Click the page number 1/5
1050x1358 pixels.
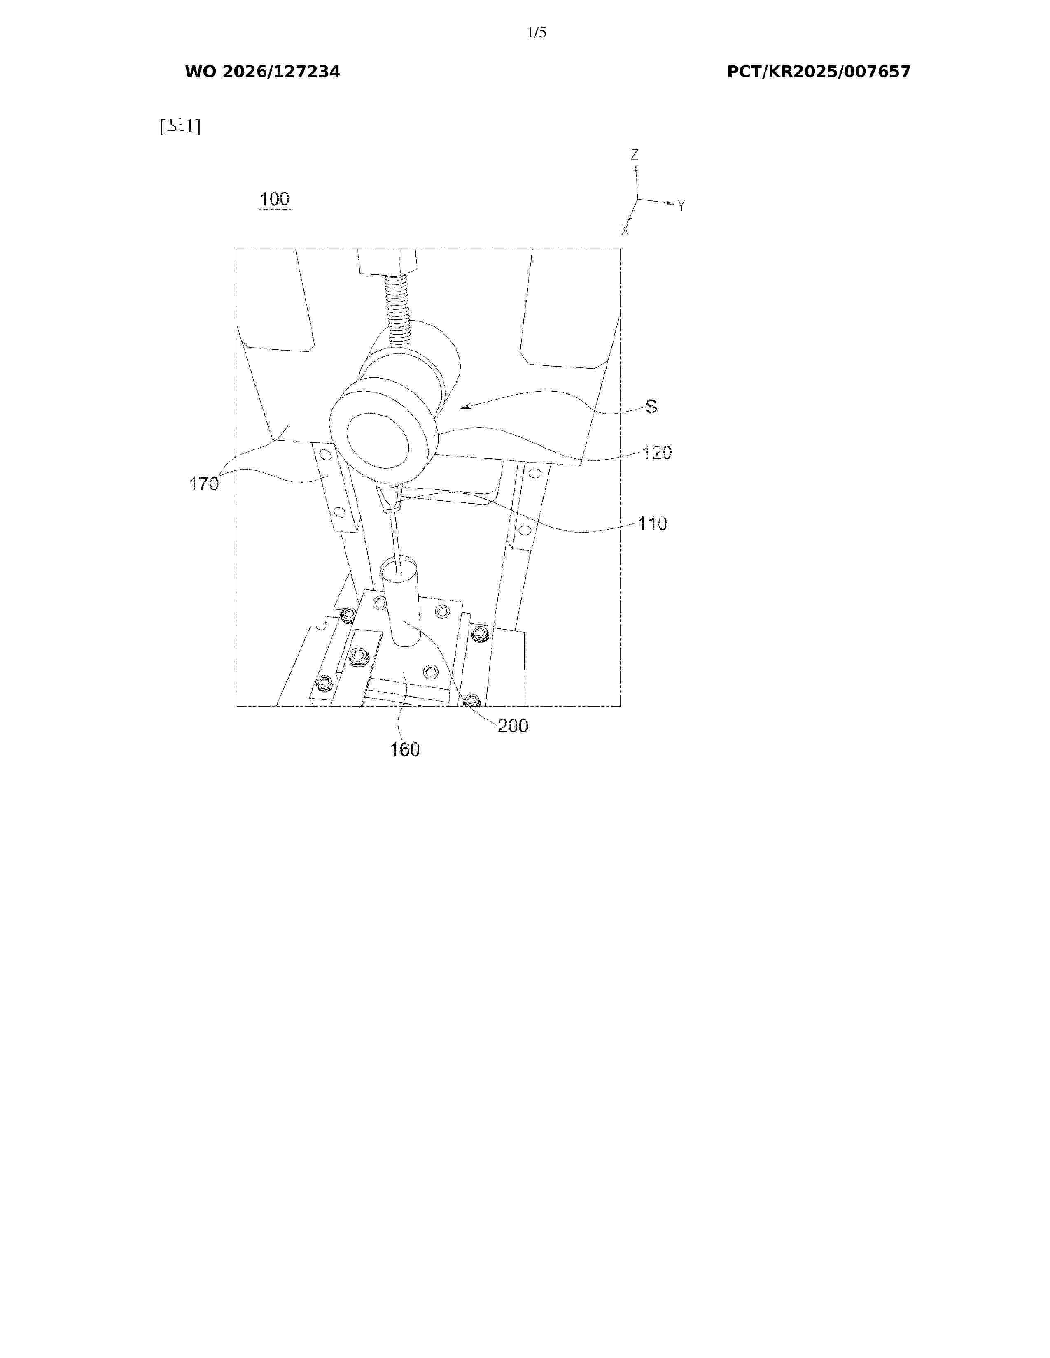536,33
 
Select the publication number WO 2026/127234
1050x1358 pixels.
263,72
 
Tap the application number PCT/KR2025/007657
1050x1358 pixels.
819,72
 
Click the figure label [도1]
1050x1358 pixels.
180,126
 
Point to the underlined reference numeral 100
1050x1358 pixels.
274,199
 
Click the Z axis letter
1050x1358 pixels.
635,154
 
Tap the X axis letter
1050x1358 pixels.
625,230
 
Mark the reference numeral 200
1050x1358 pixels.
513,726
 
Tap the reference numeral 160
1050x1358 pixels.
404,749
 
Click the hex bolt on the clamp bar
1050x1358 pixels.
358,656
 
